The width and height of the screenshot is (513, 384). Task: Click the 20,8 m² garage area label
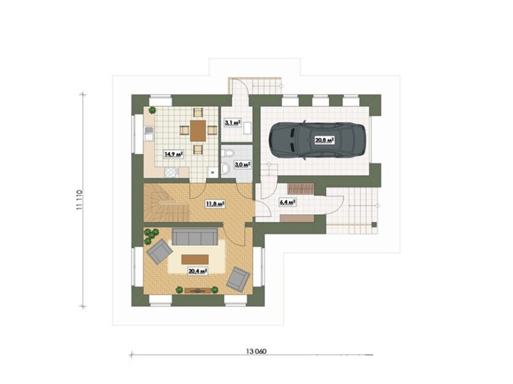[324, 140]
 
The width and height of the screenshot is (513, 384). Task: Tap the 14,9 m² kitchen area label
[173, 154]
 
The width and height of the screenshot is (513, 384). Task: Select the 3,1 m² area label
[232, 123]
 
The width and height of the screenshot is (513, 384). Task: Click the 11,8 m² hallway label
[214, 204]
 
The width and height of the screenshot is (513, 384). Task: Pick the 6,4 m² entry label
[288, 203]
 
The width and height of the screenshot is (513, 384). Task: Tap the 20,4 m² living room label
[198, 271]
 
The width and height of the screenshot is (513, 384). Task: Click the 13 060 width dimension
[256, 351]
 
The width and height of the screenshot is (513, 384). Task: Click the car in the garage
[317, 140]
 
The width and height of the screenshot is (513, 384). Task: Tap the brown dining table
[198, 131]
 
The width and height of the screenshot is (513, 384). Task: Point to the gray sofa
[194, 236]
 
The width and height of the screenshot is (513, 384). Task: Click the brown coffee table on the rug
[195, 259]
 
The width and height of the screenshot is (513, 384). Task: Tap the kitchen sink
[149, 134]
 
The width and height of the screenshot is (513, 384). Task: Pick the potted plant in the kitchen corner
[152, 110]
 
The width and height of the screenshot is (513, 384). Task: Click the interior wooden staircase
[167, 203]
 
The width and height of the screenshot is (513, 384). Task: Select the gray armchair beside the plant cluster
[160, 252]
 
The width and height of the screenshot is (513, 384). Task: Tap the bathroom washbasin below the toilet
[226, 169]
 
